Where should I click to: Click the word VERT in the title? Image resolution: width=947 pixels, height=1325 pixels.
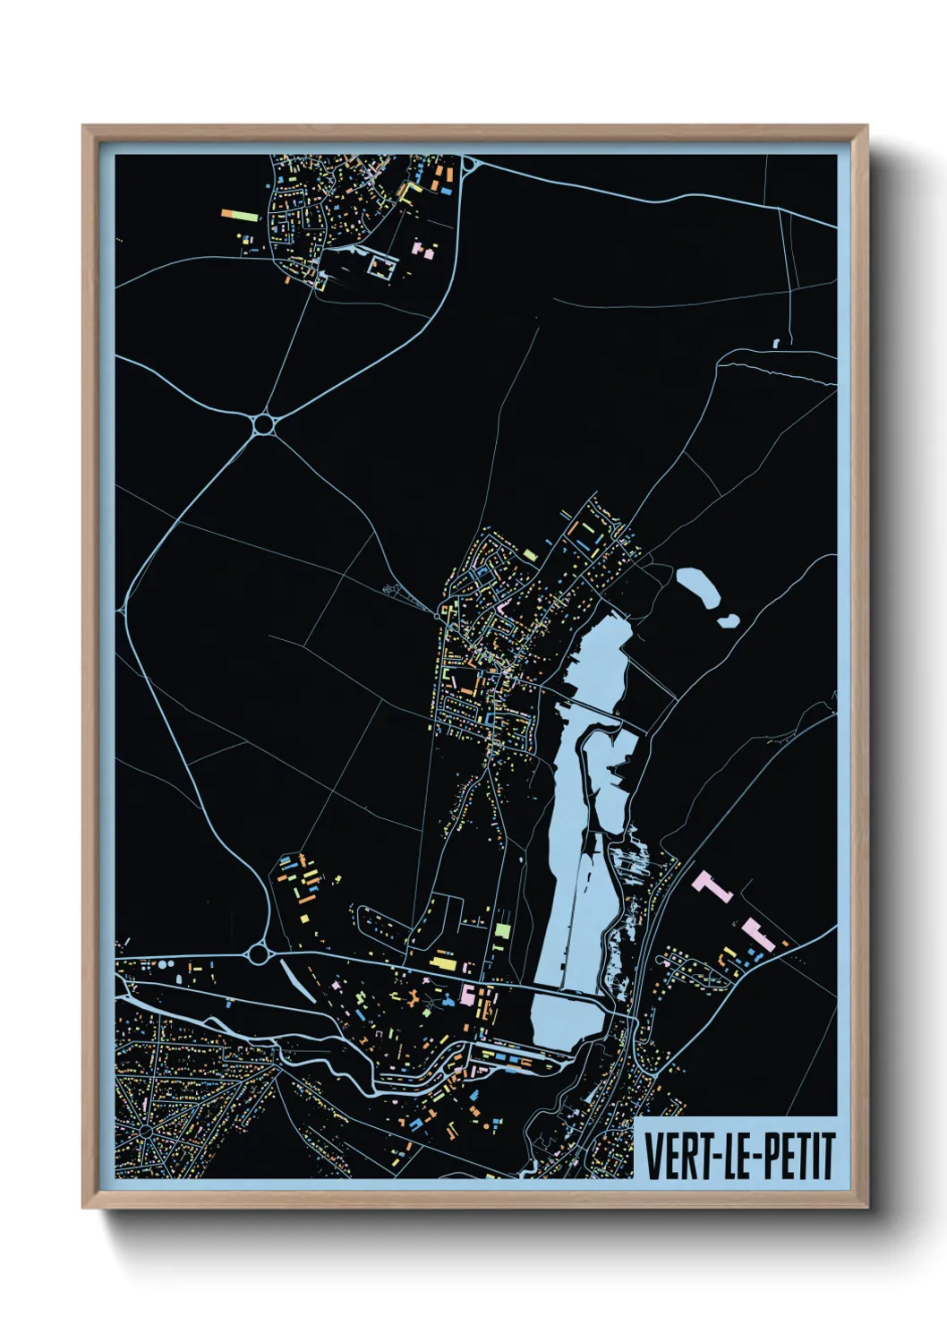[674, 1157]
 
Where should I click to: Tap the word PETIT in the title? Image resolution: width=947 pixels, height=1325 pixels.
[798, 1157]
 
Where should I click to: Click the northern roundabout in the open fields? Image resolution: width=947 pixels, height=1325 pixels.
[263, 423]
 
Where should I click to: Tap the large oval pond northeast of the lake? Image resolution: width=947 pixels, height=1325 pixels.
[699, 587]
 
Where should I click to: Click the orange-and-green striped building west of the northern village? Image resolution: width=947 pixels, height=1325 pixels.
[240, 215]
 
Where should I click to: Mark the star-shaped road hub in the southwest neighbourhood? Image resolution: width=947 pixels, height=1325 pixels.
[146, 1132]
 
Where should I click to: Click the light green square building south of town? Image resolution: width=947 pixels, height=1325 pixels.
[502, 931]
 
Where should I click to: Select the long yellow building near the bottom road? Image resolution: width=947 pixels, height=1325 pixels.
[443, 963]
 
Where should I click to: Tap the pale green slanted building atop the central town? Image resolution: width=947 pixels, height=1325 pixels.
[531, 555]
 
